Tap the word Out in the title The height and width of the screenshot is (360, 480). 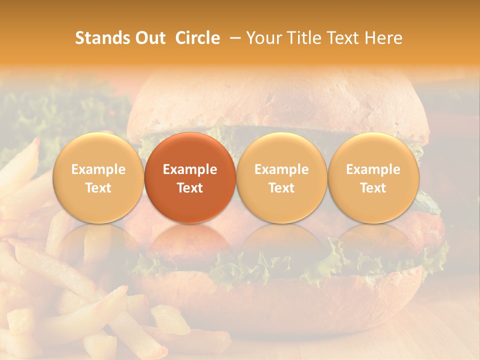(x=148, y=38)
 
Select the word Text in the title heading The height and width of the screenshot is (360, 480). (x=343, y=38)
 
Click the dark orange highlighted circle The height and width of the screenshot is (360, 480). (x=190, y=177)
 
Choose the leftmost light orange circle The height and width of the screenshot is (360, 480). (x=98, y=177)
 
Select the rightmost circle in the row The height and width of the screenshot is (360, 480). (x=373, y=177)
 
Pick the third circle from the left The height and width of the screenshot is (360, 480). (x=281, y=177)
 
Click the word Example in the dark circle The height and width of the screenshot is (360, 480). (x=190, y=170)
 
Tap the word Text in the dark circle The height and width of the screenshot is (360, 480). (x=190, y=188)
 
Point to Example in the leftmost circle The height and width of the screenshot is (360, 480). (x=98, y=170)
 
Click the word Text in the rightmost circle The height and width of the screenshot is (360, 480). (x=373, y=188)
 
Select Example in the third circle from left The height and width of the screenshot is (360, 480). (x=281, y=170)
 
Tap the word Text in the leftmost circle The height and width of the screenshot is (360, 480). (x=98, y=188)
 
